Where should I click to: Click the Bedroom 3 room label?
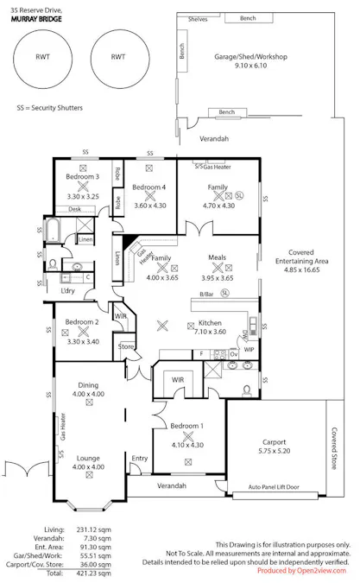(x=82, y=176)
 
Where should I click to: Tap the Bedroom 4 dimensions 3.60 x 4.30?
(x=149, y=206)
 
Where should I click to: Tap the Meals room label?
(x=217, y=257)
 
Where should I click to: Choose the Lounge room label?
(x=87, y=458)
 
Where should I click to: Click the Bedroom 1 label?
(x=186, y=427)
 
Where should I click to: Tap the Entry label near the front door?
(x=139, y=458)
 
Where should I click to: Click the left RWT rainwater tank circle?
(x=42, y=56)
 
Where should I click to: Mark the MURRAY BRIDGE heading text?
(x=30, y=17)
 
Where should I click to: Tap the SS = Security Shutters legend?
(x=51, y=111)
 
